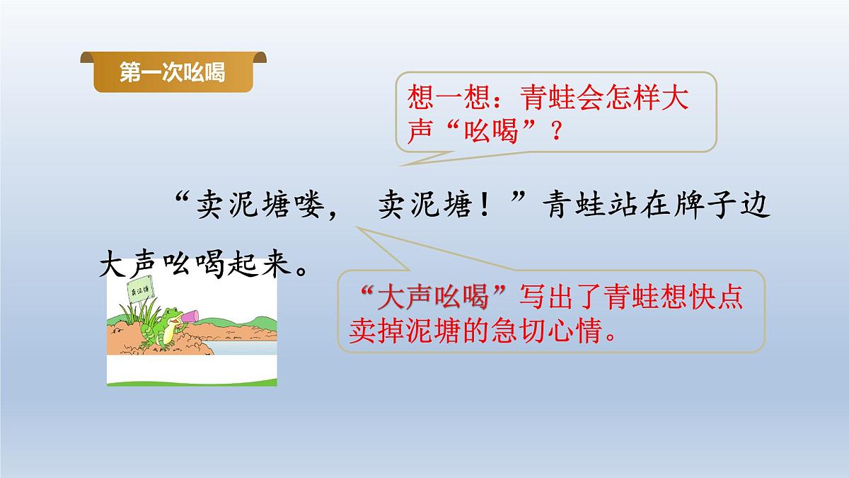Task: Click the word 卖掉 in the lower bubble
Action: [x=377, y=331]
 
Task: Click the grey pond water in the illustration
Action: [x=241, y=346]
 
